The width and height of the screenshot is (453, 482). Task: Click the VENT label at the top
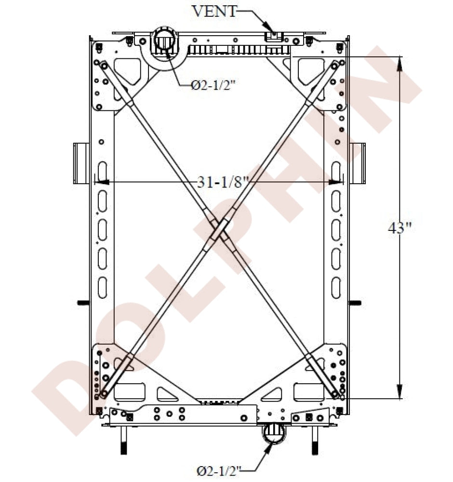pyautogui.click(x=214, y=11)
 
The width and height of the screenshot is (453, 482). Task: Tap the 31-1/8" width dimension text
pyautogui.click(x=223, y=182)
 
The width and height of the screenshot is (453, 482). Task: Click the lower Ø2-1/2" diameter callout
pyautogui.click(x=219, y=470)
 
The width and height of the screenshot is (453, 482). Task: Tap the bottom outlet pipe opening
pyautogui.click(x=274, y=433)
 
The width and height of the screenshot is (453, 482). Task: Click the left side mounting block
pyautogui.click(x=81, y=163)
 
